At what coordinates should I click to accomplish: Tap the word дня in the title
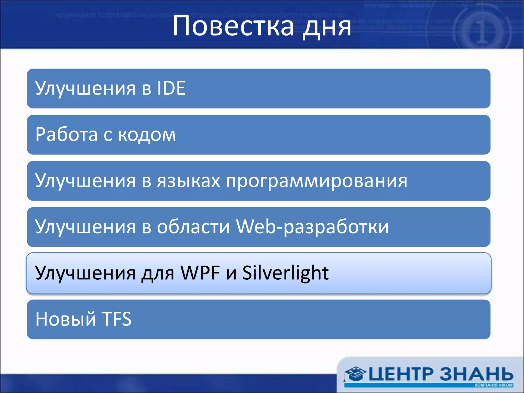[x=327, y=27]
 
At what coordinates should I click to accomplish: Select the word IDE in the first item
[x=171, y=88]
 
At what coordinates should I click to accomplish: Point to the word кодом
[x=147, y=135]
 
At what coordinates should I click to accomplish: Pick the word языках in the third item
[x=189, y=181]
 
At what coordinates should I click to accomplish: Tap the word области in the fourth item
[x=193, y=227]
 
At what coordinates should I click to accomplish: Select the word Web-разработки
[x=312, y=227]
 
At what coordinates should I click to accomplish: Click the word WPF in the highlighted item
[x=200, y=273]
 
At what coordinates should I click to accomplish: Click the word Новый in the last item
[x=65, y=320]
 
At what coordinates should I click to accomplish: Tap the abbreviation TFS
[x=117, y=319]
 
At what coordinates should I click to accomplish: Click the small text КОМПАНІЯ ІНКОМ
[x=494, y=385]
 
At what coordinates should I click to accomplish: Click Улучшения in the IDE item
[x=85, y=89]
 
